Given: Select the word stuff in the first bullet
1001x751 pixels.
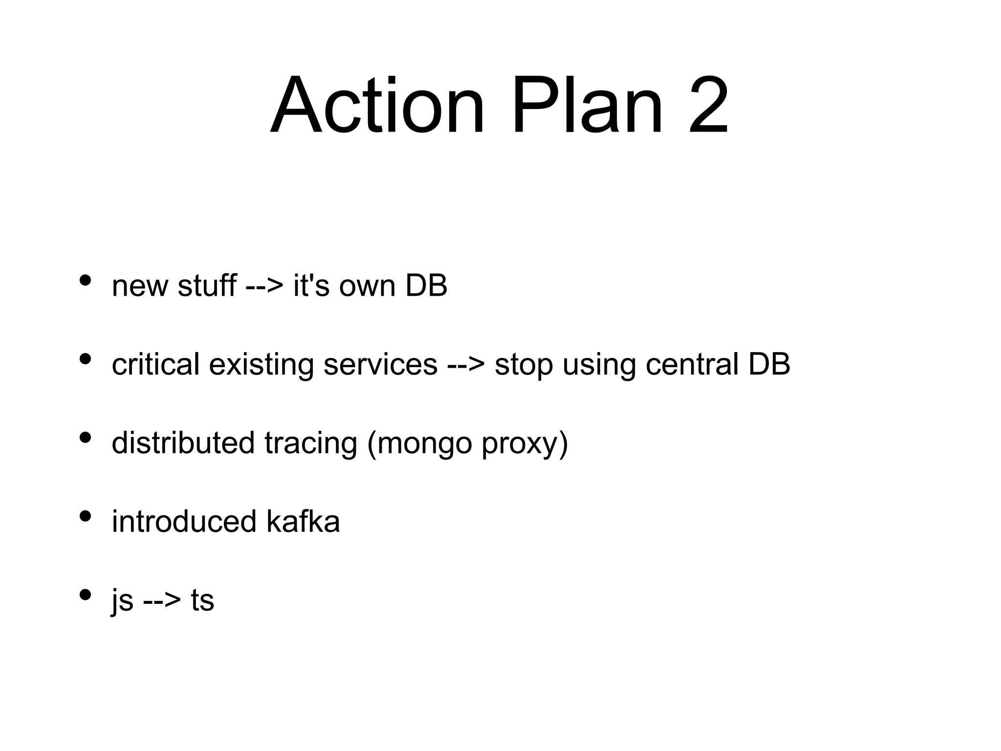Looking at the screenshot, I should (x=207, y=286).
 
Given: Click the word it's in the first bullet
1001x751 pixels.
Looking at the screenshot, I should (x=311, y=286).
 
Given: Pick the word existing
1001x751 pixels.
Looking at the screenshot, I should (x=261, y=365).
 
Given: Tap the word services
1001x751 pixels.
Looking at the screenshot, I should (x=380, y=364).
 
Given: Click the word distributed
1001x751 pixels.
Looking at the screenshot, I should (x=183, y=442).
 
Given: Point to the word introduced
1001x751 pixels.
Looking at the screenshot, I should (x=184, y=521).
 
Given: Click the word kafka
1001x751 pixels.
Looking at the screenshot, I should (x=303, y=521).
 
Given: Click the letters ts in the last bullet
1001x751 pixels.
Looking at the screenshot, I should (x=202, y=600).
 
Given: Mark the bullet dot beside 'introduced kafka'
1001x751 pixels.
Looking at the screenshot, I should (x=85, y=516).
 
